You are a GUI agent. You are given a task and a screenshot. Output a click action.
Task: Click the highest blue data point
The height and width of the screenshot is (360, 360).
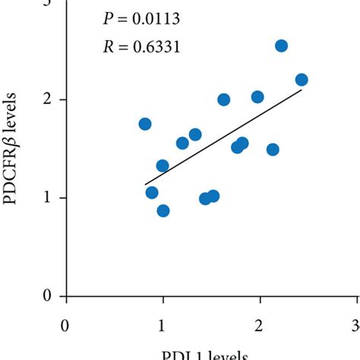(x=281, y=46)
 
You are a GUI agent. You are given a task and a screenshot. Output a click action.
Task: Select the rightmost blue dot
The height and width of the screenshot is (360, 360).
(x=302, y=80)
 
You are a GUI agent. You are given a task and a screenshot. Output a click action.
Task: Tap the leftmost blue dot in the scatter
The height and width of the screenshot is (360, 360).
(x=145, y=124)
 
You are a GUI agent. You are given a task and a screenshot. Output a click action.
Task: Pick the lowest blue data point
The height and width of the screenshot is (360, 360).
(x=163, y=210)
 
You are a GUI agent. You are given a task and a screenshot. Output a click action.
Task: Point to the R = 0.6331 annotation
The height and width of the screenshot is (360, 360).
(x=142, y=48)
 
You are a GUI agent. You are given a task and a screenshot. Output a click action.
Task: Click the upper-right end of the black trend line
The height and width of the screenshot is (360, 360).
(x=302, y=90)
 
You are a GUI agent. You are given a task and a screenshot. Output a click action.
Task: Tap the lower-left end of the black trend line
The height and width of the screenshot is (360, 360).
(x=145, y=184)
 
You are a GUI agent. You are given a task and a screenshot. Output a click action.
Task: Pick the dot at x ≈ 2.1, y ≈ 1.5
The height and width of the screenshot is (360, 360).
(x=273, y=150)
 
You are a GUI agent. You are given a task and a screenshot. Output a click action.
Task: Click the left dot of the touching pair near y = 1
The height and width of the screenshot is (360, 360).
(x=205, y=199)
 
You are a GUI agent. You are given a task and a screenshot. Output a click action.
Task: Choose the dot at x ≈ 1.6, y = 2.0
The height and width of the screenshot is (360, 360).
(x=223, y=99)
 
